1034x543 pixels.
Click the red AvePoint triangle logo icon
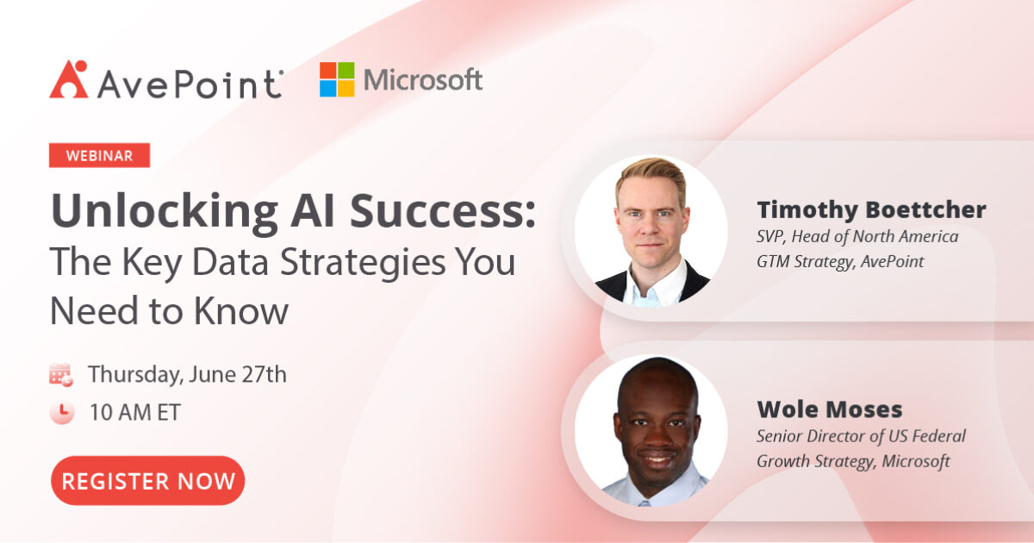coord(68,79)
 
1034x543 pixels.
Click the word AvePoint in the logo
coord(190,84)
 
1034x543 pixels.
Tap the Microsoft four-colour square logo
coord(337,79)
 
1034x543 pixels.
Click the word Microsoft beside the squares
coord(422,80)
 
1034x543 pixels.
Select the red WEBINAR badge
coord(100,155)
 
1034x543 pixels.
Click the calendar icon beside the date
coord(61,375)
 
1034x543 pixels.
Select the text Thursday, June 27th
coord(187,375)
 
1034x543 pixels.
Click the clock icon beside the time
coord(61,412)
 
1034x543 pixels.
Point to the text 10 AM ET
coord(134,412)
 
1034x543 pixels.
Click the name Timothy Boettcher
coord(871,209)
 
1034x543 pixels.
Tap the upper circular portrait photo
coord(651,231)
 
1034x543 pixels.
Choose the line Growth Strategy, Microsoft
coord(853,461)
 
